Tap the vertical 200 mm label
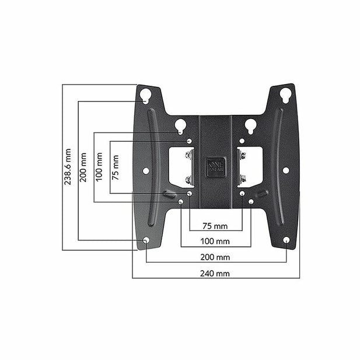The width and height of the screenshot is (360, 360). pyautogui.click(x=84, y=167)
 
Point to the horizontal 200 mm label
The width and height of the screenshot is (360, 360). pyautogui.click(x=215, y=257)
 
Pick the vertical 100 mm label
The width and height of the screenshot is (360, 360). pyautogui.click(x=100, y=166)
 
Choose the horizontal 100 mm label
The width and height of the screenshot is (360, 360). pyautogui.click(x=215, y=241)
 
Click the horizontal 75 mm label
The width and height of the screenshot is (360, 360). pyautogui.click(x=215, y=225)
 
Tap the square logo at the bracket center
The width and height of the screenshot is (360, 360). pyautogui.click(x=215, y=165)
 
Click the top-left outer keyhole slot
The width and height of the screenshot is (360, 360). pyautogui.click(x=145, y=95)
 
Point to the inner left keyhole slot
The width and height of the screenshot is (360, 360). pyautogui.click(x=180, y=125)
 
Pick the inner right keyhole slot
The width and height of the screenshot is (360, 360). pyautogui.click(x=250, y=125)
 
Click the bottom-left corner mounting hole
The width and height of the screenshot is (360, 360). pyautogui.click(x=146, y=240)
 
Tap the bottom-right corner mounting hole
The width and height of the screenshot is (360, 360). pyautogui.click(x=286, y=240)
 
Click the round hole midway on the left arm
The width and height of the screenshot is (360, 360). pyautogui.click(x=146, y=170)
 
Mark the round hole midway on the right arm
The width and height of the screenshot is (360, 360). pyautogui.click(x=286, y=170)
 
